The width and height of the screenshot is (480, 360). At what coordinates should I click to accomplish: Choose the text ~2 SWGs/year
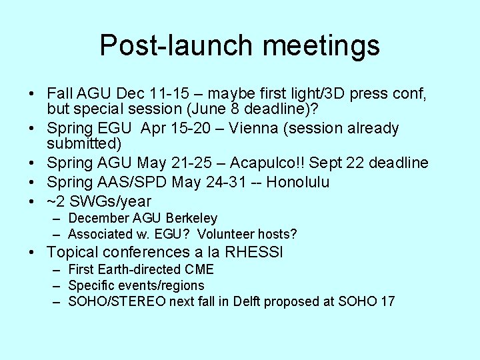(99, 201)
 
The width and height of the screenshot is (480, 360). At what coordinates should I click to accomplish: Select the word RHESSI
(256, 252)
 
